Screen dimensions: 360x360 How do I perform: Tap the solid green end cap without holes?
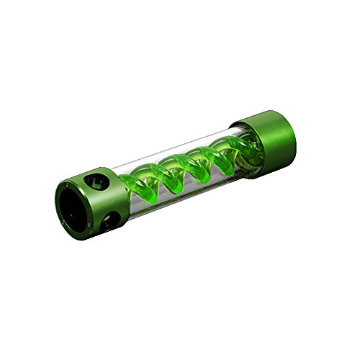tap(266, 136)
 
